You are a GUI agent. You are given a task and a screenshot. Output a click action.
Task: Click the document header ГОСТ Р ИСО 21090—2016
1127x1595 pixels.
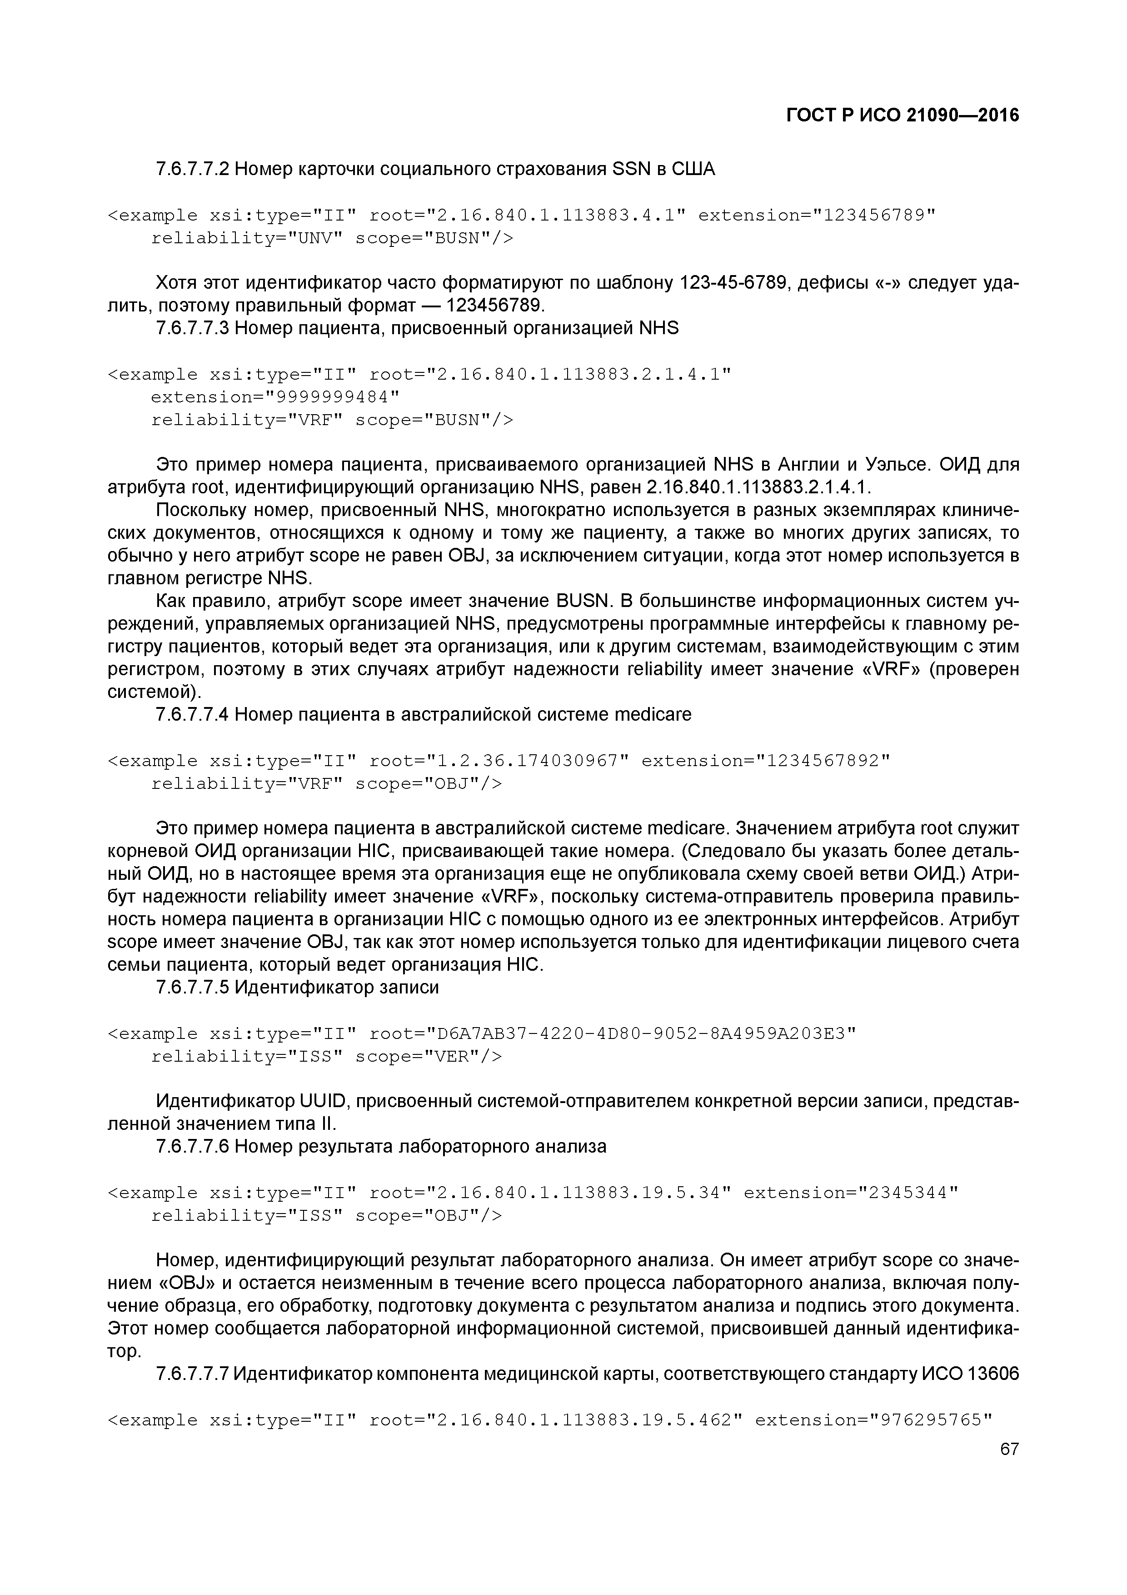(902, 115)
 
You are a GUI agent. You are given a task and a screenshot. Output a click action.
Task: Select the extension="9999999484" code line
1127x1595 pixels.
(275, 397)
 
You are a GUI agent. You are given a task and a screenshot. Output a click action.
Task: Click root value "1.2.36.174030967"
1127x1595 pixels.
(528, 762)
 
